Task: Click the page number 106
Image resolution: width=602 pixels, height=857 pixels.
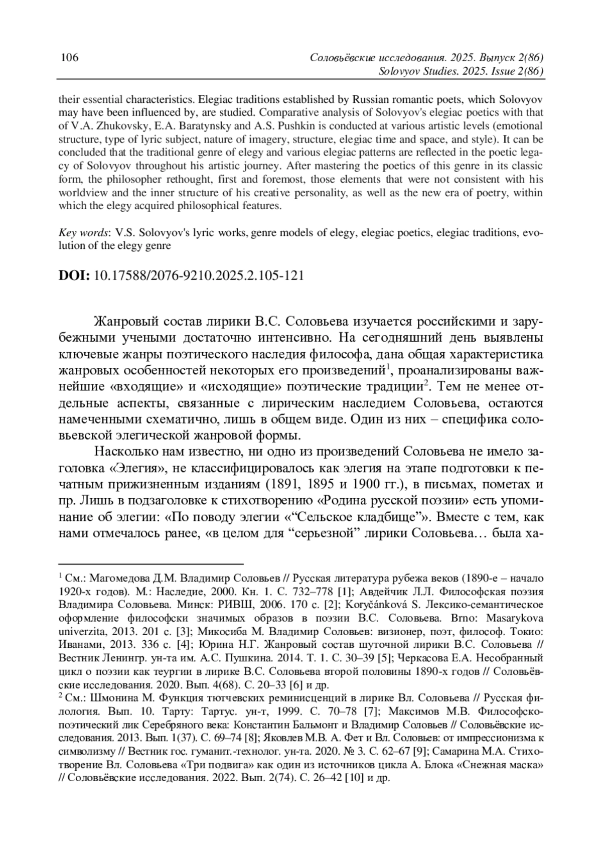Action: (x=69, y=58)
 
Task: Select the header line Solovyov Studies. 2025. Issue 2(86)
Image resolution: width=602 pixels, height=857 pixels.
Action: (x=461, y=71)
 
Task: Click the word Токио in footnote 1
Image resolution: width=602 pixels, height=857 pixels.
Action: (x=526, y=631)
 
